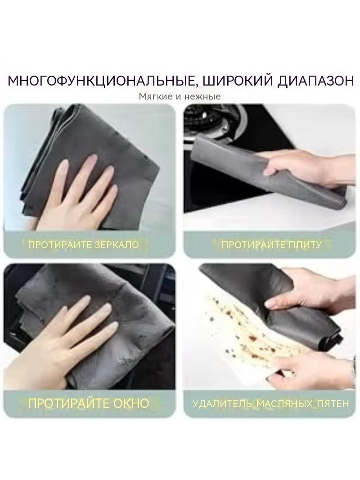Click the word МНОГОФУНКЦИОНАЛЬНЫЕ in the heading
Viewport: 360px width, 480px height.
(101, 81)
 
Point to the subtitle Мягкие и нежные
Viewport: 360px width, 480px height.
(180, 96)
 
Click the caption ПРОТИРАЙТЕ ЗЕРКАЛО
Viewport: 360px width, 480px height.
(84, 245)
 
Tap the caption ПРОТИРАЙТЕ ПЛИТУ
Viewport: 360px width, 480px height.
(271, 245)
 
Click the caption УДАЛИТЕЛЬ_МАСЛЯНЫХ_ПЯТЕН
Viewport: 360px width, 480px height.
(271, 403)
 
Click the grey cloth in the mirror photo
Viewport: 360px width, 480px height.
(92, 159)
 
